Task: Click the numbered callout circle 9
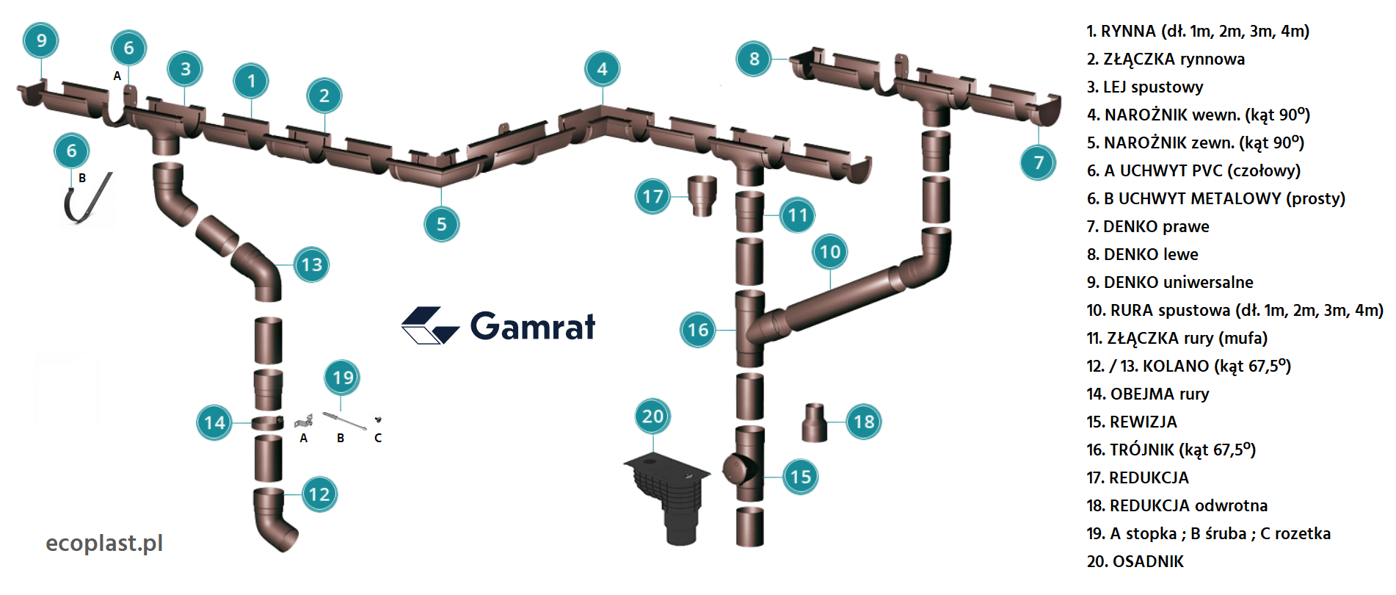pos(41,40)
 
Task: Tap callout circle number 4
pos(602,69)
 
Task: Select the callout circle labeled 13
pos(312,264)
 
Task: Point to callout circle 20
pos(652,416)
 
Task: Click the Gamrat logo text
pos(532,326)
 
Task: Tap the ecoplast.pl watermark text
pos(104,543)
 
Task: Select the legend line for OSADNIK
pos(1135,561)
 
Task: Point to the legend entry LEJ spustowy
pos(1144,87)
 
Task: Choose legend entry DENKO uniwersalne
pos(1169,282)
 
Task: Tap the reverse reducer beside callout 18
pos(814,422)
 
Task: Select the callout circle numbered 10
pos(830,252)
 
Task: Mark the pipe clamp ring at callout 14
pos(267,423)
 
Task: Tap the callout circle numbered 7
pos(1038,162)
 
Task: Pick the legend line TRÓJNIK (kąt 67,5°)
pos(1171,450)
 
